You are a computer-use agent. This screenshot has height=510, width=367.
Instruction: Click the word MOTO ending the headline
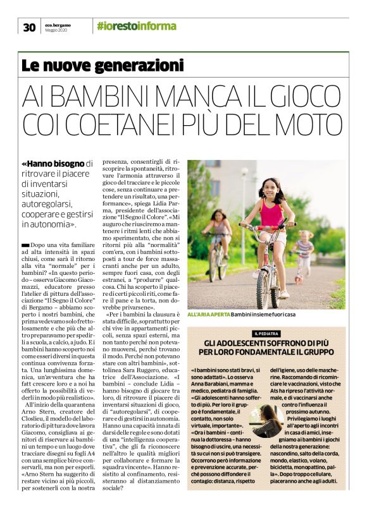(x=311, y=126)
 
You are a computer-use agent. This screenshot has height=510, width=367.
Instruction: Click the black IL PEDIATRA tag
(x=266, y=333)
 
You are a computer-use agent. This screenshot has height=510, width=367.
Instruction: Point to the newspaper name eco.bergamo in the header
(x=58, y=24)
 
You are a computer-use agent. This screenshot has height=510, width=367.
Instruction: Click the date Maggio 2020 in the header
(x=56, y=30)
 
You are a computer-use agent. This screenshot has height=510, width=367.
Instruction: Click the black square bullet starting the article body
(x=25, y=244)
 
